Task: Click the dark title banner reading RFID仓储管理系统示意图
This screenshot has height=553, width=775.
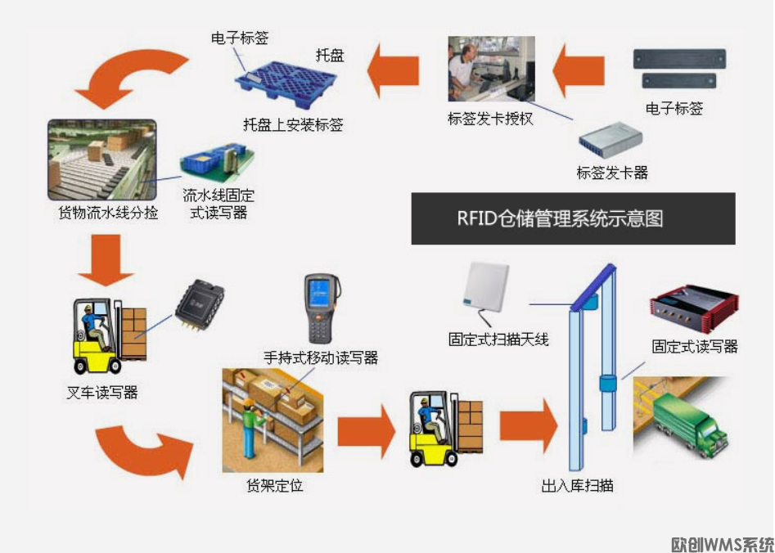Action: pos(573,218)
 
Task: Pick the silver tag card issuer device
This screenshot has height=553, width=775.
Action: pos(611,139)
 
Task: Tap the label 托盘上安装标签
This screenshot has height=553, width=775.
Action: pos(293,125)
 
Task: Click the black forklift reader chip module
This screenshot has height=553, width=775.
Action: pos(198,303)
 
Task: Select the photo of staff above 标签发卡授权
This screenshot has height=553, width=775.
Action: pos(491,69)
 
